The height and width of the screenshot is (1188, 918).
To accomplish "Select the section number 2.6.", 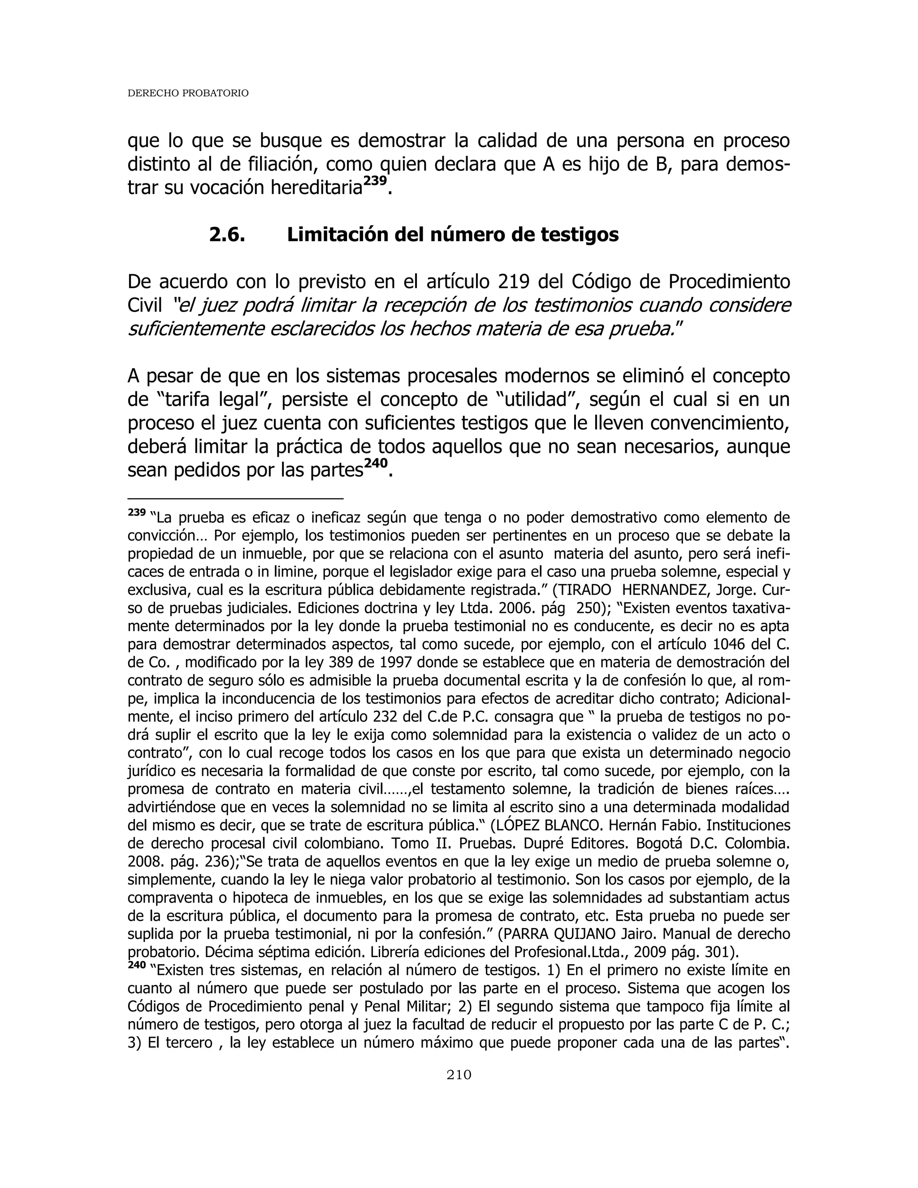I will [x=227, y=235].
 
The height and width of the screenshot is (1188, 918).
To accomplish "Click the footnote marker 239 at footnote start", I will [x=137, y=512].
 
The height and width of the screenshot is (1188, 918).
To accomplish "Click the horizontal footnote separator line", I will [x=235, y=498].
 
